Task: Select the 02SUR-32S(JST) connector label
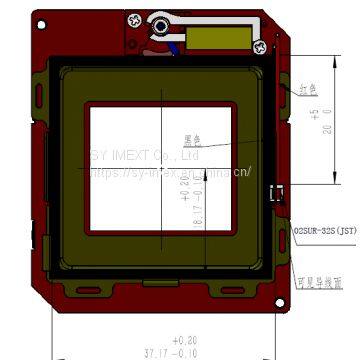click(325, 229)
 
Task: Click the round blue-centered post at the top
click(161, 27)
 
